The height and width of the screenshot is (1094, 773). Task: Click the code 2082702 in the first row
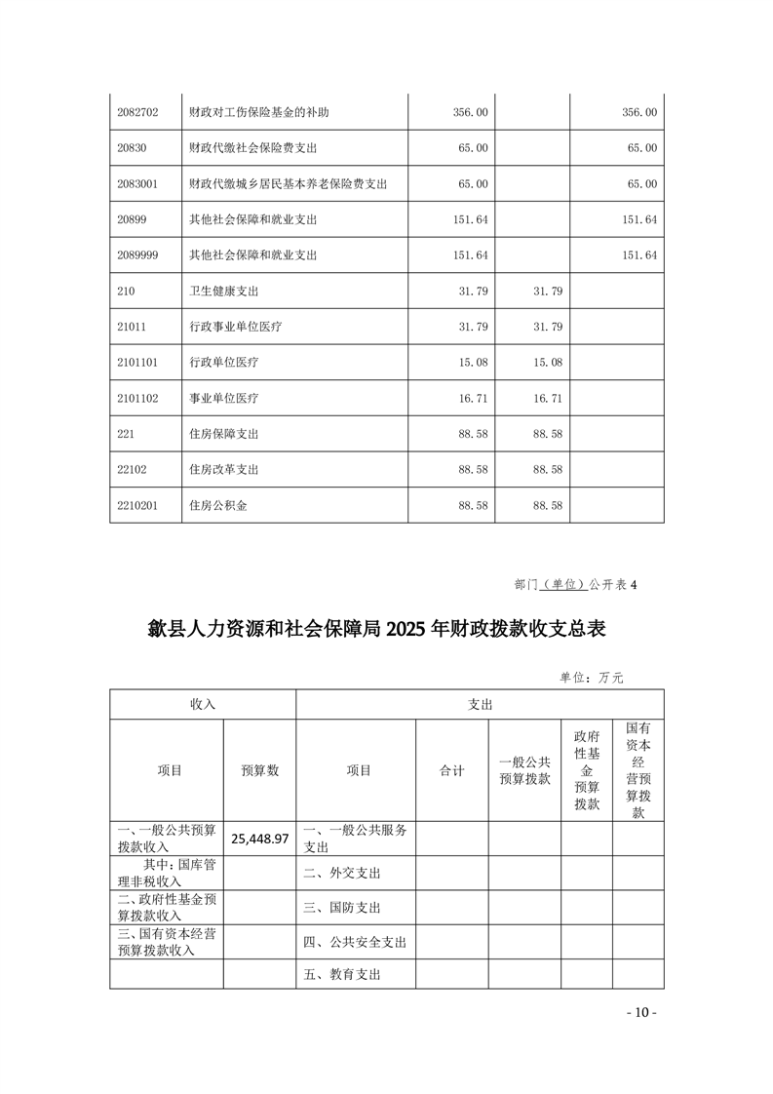137,113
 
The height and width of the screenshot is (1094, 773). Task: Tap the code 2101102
137,399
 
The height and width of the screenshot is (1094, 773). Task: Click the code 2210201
137,506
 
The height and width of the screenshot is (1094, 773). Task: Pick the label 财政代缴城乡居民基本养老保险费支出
289,184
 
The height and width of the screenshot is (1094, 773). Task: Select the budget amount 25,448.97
259,839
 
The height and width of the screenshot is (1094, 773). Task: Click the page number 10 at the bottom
641,1012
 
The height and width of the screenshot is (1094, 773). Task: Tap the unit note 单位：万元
598,677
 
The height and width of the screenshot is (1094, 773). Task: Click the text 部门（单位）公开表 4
575,585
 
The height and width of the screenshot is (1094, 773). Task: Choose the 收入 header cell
203,704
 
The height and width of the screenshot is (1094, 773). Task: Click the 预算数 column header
259,770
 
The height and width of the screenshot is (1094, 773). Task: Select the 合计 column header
452,770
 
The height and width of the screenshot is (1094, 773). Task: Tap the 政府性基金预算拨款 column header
587,770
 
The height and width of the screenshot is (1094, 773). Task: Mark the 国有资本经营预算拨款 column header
638,770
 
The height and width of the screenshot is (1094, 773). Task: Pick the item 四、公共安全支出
355,942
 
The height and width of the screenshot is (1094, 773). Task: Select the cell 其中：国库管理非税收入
168,873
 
